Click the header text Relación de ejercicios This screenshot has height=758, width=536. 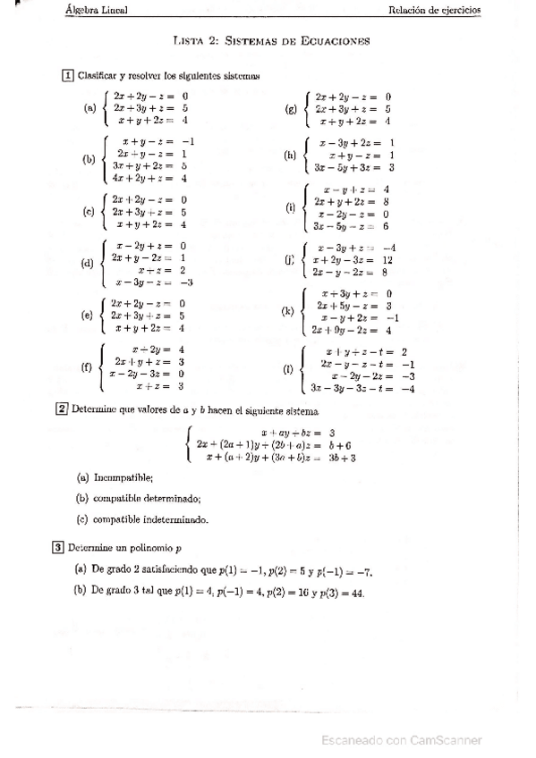pyautogui.click(x=435, y=11)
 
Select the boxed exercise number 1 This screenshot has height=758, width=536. pyautogui.click(x=66, y=76)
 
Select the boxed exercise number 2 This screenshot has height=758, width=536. pyautogui.click(x=62, y=410)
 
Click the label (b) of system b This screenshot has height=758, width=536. pyautogui.click(x=89, y=160)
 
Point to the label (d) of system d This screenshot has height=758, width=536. pyautogui.click(x=88, y=264)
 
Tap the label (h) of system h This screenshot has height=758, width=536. pyautogui.click(x=290, y=155)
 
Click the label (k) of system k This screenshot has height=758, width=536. pyautogui.click(x=287, y=311)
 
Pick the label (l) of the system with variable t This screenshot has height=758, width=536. pyautogui.click(x=287, y=369)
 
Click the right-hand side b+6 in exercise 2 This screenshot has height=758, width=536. pyautogui.click(x=339, y=444)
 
